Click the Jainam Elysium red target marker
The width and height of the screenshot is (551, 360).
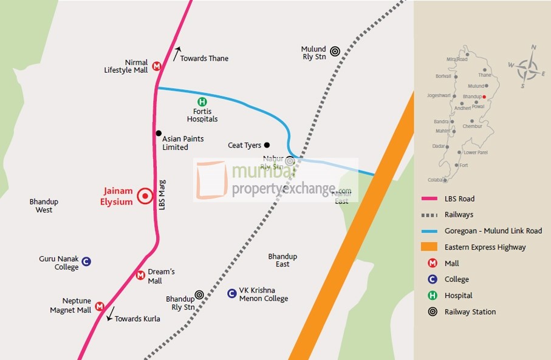point(145,195)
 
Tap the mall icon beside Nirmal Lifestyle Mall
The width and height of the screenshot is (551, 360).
point(157,66)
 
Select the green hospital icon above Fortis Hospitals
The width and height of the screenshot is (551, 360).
point(202,102)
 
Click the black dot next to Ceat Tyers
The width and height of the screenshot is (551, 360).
point(267,145)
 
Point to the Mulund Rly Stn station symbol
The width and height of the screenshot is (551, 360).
point(335,53)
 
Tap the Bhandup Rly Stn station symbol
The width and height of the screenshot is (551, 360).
point(199,294)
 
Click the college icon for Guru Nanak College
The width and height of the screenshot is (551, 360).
point(86,262)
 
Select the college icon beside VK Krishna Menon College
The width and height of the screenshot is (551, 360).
point(231,294)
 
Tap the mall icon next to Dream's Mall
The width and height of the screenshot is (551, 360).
point(140,276)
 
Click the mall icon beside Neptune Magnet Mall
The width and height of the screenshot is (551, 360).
point(100,306)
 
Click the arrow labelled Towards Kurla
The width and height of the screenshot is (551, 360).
point(110,313)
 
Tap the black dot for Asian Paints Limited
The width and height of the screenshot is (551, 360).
point(159,133)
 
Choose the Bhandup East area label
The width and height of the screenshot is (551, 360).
point(282,260)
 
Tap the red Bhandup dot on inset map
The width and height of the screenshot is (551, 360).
point(484,97)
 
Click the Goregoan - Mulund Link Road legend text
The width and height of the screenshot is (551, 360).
point(493,231)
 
